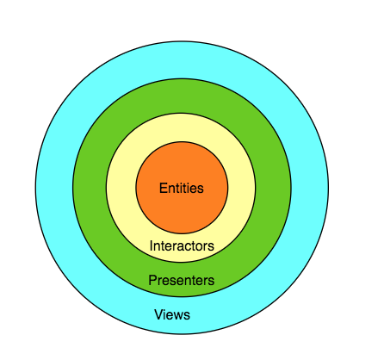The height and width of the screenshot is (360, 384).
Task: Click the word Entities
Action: click(x=182, y=188)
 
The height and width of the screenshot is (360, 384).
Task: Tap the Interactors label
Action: click(x=182, y=245)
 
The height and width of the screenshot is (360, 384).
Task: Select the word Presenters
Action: click(x=182, y=280)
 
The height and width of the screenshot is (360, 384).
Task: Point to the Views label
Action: click(x=172, y=314)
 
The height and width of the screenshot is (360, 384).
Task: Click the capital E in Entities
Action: click(x=163, y=188)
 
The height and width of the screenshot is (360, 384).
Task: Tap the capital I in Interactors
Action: click(x=152, y=245)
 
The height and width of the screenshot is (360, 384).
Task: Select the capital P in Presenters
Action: click(x=152, y=280)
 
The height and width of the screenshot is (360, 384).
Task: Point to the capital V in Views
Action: click(x=158, y=314)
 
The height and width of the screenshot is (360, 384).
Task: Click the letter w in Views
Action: click(x=178, y=316)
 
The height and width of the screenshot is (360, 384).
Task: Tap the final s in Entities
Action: click(x=201, y=189)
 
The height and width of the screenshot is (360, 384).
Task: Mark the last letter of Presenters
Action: click(x=212, y=282)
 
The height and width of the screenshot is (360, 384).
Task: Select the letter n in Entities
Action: click(x=170, y=189)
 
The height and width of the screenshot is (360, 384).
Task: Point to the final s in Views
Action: click(x=187, y=316)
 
